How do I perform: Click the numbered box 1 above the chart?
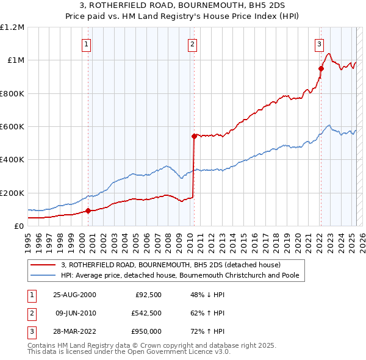click(x=86, y=44)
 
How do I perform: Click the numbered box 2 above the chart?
click(x=192, y=44)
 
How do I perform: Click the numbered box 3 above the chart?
click(x=319, y=44)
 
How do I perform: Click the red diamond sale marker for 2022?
click(x=321, y=69)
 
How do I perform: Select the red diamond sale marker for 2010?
click(x=194, y=136)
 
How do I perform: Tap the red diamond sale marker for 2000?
click(x=88, y=211)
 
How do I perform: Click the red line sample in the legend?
click(x=43, y=265)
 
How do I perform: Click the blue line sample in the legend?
click(x=43, y=275)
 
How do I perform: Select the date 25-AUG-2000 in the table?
click(x=74, y=295)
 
